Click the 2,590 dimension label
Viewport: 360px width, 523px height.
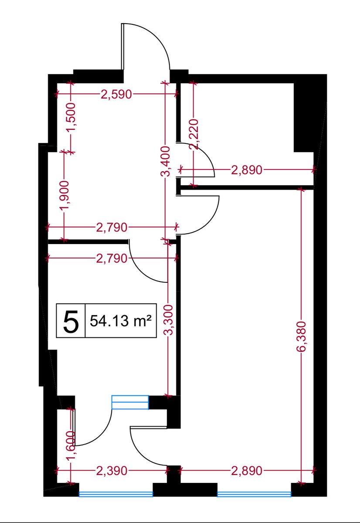pos(116,95)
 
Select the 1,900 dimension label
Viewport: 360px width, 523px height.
pos(65,195)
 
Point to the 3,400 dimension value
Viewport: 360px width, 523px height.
pos(166,161)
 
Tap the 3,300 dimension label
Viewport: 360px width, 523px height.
pos(168,320)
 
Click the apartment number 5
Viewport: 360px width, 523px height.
pos(71,321)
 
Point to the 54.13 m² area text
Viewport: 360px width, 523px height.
pos(121,321)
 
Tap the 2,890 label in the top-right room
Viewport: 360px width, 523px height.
pos(247,170)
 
